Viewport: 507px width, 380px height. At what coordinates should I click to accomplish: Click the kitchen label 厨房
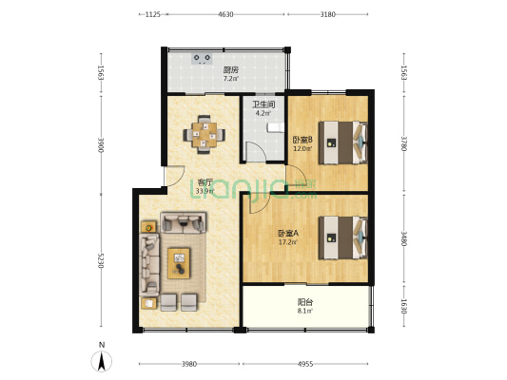click(230, 69)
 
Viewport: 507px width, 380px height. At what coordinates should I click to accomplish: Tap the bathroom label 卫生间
click(263, 104)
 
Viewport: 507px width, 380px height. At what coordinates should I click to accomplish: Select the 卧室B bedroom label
click(302, 139)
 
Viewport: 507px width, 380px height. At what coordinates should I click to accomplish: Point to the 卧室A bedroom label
click(287, 233)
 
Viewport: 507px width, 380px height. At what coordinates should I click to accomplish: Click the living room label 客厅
click(204, 181)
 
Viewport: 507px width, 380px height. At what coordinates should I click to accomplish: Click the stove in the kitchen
click(203, 58)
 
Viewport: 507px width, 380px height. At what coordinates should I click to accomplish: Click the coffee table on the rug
click(179, 262)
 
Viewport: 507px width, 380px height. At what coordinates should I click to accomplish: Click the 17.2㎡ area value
click(287, 242)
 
